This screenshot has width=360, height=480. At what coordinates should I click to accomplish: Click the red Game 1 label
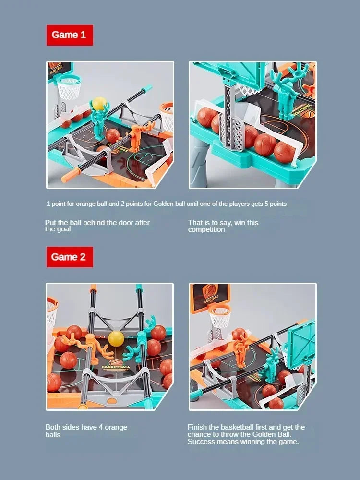70,35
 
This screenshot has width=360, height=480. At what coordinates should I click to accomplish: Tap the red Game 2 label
70,257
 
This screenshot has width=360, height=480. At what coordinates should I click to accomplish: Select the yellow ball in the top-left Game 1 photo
99,103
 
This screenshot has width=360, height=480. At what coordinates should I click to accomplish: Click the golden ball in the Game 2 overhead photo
116,338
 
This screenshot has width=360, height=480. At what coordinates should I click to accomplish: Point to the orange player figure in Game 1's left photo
135,137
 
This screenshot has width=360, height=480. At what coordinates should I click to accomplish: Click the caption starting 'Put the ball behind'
97,226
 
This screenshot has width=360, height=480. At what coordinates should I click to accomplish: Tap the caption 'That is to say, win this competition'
223,226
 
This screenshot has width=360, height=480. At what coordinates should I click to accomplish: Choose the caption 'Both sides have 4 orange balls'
86,431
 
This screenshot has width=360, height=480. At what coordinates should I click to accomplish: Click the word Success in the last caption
202,442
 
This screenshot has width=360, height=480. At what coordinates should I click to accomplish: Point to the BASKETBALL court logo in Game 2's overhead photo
115,366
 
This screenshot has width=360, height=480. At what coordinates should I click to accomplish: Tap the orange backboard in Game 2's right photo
210,294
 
